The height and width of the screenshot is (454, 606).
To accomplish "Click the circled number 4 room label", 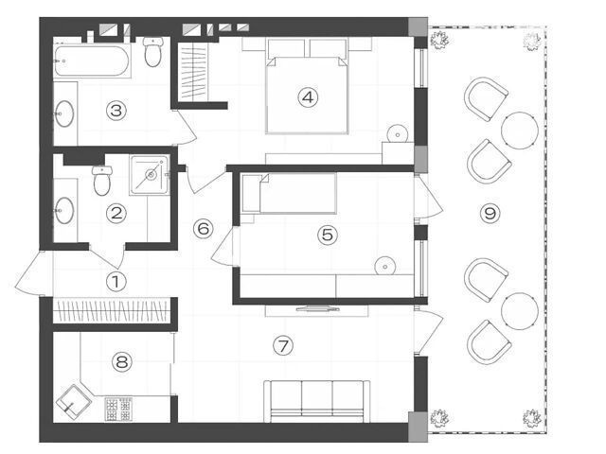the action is coord(308,97).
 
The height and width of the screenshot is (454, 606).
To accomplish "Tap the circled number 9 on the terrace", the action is coord(490,213).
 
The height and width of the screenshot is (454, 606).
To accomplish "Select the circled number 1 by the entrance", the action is coord(116,282).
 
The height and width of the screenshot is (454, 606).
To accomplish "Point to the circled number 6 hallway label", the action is coord(204,229).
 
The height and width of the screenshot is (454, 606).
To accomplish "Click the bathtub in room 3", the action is coord(92,61).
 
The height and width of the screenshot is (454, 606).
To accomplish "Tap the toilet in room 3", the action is coord(153,52).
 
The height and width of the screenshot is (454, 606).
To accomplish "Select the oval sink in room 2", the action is coord(64,210).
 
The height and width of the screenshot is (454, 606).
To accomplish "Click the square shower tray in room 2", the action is coord(150,175).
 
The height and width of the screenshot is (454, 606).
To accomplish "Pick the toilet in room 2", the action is coord(102,181).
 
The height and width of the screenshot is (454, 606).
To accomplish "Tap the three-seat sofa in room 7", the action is coord(316,401).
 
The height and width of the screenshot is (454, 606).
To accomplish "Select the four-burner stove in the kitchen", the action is coord(118,410).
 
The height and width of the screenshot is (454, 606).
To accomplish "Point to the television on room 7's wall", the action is coord(318,308).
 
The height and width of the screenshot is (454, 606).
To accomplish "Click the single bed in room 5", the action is coord(288,193).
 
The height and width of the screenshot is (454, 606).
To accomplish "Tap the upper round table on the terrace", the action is coord(520,131).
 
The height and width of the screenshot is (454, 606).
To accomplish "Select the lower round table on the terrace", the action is coord(520,311).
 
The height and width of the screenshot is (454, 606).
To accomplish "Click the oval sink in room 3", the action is coord(64,113).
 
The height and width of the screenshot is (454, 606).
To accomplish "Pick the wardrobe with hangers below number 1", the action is coord(111,310).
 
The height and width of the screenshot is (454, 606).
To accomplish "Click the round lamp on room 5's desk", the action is coord(385,266).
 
